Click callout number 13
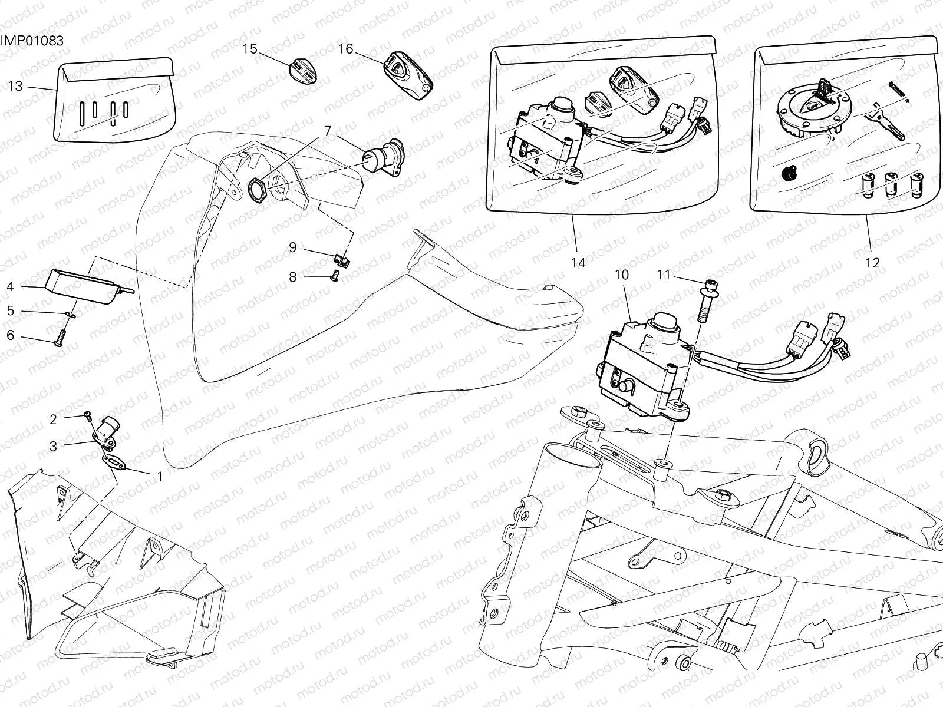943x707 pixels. (x=15, y=87)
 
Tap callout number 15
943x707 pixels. (x=250, y=49)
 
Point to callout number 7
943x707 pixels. (x=328, y=130)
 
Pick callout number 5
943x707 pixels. (x=11, y=310)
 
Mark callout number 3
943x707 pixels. (x=53, y=446)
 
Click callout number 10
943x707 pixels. (x=621, y=275)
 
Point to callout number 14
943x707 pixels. (x=578, y=263)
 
